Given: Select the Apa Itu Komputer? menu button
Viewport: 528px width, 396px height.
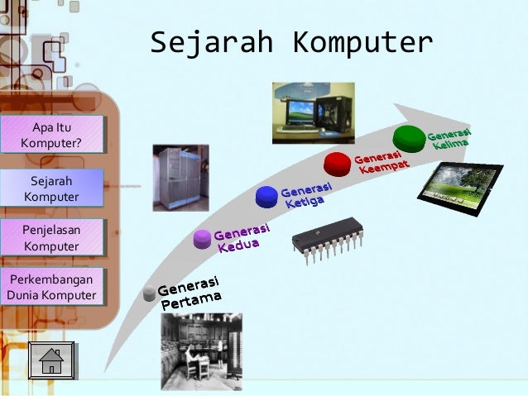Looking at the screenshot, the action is tap(51, 135).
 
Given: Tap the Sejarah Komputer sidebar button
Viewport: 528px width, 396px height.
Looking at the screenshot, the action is tap(51, 188).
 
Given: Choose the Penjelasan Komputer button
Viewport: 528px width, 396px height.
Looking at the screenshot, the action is tap(51, 237).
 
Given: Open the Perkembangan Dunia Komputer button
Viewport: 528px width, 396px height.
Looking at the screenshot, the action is tap(51, 286).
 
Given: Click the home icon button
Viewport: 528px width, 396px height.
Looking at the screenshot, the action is tap(51, 361).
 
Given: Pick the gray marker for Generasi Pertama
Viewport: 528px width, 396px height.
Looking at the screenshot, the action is tap(149, 293).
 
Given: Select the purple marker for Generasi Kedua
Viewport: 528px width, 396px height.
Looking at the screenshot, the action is tap(203, 239).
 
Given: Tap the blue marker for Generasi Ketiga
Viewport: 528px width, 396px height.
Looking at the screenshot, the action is tap(266, 196).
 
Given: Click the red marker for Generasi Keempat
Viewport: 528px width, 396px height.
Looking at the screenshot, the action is tap(338, 163).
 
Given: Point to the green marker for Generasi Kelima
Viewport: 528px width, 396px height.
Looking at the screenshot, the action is tap(408, 136).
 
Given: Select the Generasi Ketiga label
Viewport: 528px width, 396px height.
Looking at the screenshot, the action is tap(305, 195).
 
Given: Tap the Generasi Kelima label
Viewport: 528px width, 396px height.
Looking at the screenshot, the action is tap(449, 139).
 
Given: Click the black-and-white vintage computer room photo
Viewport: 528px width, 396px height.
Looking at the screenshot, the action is tap(201, 350).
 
